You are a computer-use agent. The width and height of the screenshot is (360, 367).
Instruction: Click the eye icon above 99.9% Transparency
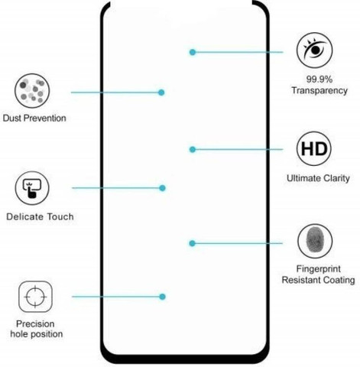[314, 50]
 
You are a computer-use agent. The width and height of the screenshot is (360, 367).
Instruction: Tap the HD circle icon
[314, 148]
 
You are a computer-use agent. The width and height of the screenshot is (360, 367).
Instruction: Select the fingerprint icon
[315, 241]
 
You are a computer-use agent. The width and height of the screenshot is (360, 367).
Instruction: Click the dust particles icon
[32, 91]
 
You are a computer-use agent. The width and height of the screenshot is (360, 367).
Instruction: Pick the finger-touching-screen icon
[32, 188]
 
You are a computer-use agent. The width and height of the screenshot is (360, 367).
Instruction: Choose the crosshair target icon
[35, 297]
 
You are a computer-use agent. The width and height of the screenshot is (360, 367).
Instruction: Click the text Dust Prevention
[34, 119]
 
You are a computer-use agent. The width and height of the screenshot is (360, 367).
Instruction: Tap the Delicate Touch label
[40, 216]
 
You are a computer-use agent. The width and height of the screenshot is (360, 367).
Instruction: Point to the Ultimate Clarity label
[318, 178]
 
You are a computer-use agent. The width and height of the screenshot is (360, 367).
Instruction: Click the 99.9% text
[319, 80]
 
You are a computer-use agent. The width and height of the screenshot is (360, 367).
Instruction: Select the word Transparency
[319, 90]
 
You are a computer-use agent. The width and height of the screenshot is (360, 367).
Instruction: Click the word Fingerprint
[319, 269]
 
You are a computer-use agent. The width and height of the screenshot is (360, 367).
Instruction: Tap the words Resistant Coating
[319, 280]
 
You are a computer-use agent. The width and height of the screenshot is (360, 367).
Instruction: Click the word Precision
[35, 323]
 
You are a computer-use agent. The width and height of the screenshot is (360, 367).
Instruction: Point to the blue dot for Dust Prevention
[161, 93]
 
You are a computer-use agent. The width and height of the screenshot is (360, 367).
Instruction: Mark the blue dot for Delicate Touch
[162, 188]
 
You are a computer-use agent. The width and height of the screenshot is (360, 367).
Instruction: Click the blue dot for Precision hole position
[162, 297]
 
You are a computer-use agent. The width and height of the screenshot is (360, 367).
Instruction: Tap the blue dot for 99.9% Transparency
[193, 52]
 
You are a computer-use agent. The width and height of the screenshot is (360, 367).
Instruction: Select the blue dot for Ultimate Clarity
[193, 150]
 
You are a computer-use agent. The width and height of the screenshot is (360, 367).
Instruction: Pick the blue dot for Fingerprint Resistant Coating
[193, 243]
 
